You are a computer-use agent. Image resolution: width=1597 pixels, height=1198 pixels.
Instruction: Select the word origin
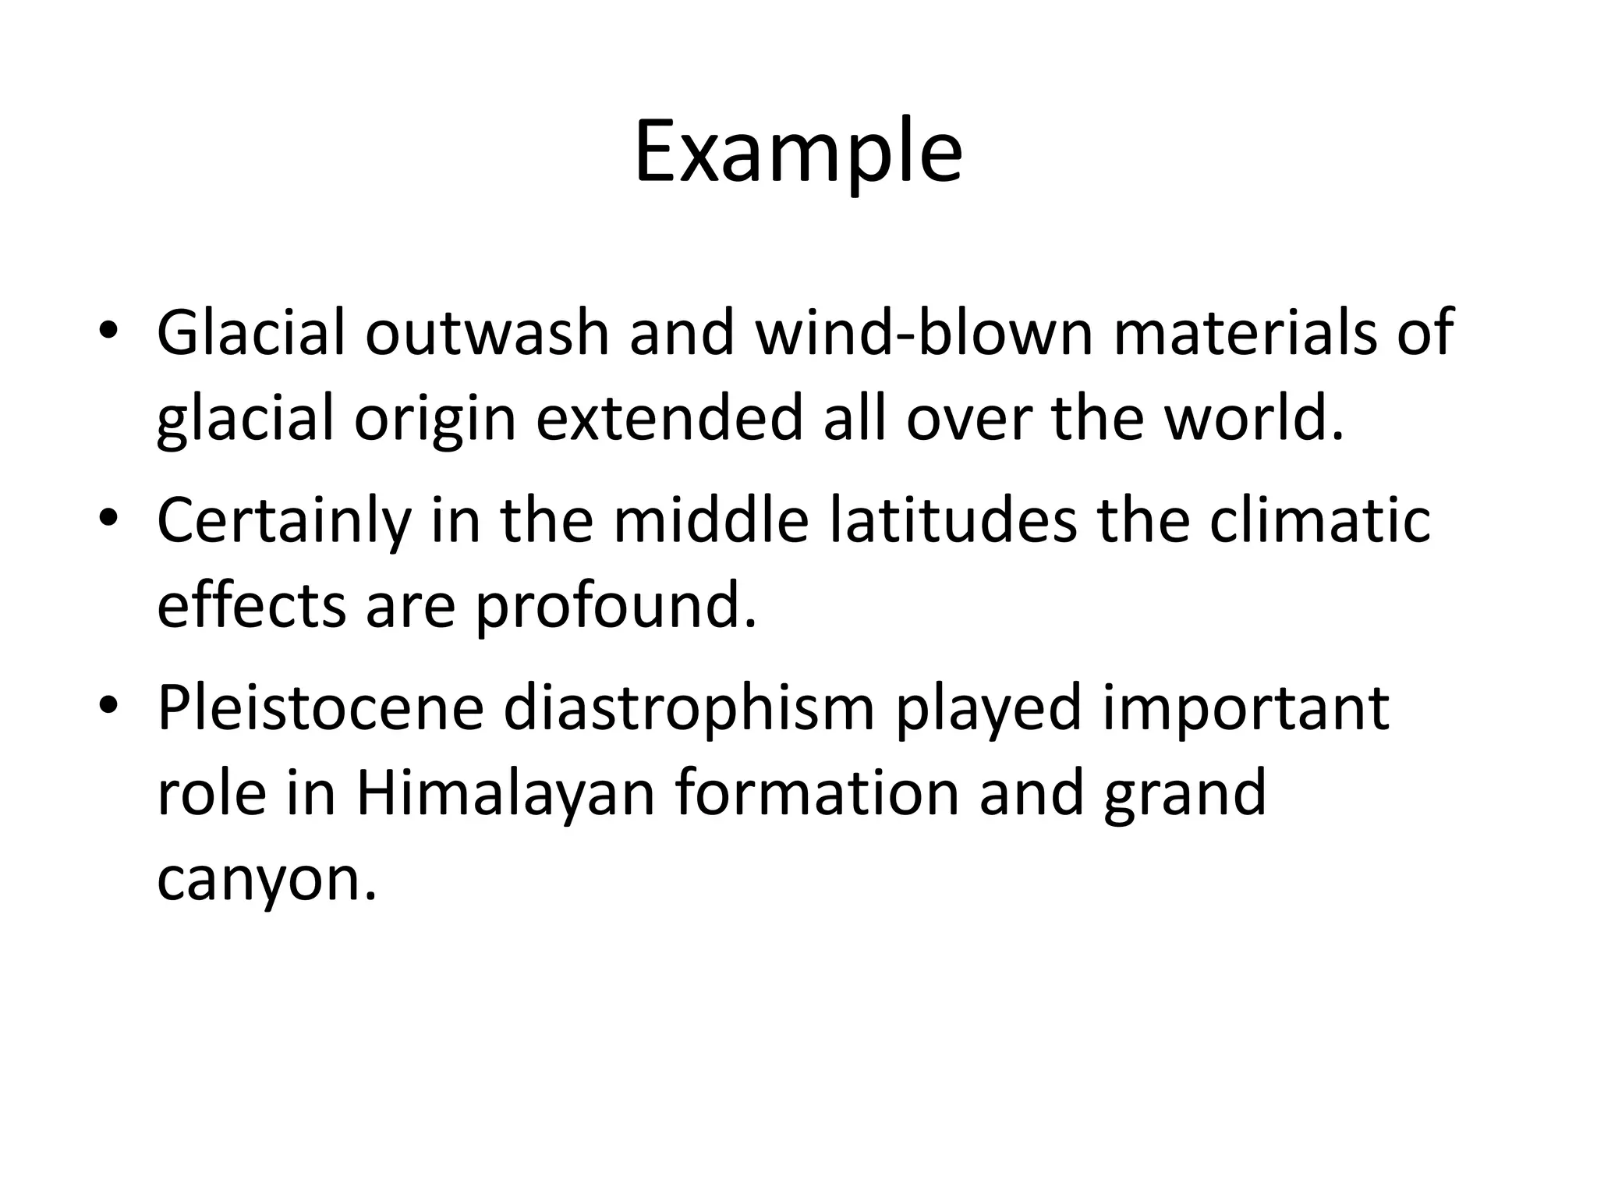point(435,419)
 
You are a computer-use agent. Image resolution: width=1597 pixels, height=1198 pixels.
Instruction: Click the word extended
point(669,419)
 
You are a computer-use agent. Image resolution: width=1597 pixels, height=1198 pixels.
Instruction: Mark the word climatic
point(1319,520)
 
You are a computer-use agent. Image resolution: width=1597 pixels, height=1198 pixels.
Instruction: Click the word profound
point(616,607)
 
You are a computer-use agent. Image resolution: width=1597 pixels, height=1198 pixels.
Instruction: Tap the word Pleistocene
point(321,707)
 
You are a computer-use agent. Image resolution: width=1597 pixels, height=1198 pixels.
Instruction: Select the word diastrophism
point(689,707)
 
